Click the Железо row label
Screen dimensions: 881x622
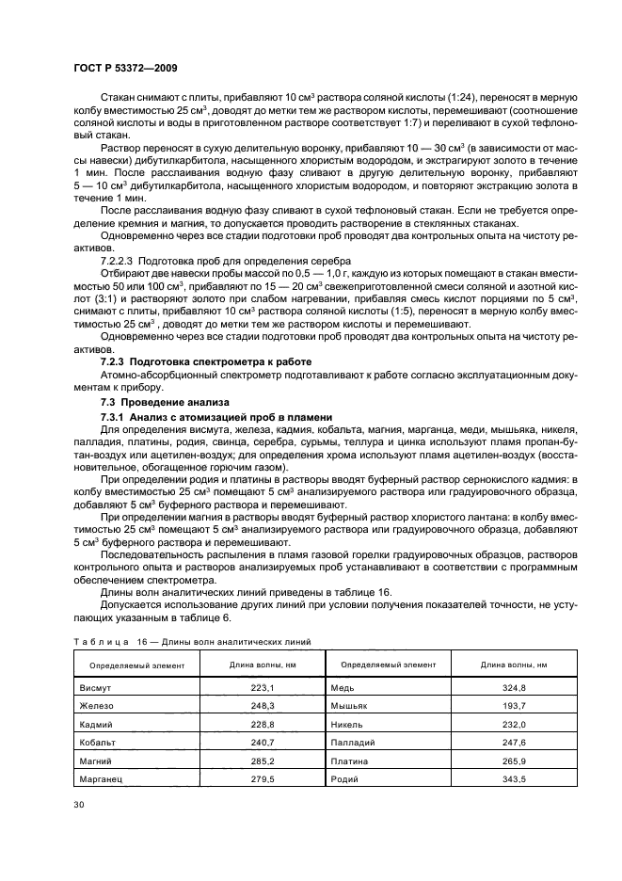(97, 706)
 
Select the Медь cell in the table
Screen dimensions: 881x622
(343, 688)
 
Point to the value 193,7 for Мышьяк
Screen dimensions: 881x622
(514, 706)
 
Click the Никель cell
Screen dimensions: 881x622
(348, 724)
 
